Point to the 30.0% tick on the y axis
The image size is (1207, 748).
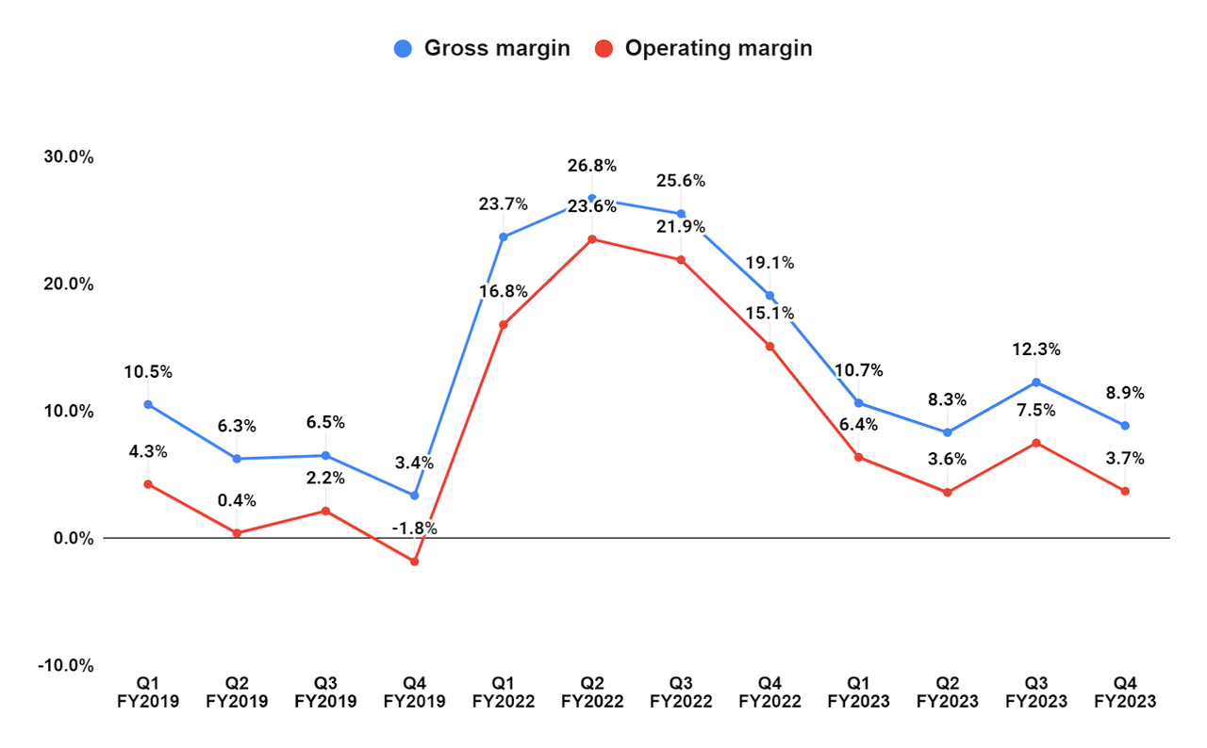(68, 157)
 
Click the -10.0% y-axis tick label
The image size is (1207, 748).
(65, 666)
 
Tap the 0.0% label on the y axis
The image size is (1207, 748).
(72, 539)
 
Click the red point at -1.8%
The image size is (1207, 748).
(414, 561)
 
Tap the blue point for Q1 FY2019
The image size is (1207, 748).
(148, 405)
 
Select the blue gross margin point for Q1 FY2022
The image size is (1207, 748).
(503, 237)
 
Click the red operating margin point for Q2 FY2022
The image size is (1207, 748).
(592, 239)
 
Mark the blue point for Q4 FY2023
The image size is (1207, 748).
(1125, 426)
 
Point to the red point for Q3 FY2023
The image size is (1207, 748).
(1036, 443)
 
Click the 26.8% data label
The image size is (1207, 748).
(592, 166)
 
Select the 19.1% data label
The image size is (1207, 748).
(769, 263)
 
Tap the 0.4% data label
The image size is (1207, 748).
(237, 500)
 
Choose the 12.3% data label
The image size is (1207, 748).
(1036, 350)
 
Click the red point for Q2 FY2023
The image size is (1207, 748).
(948, 493)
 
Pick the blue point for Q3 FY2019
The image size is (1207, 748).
(325, 456)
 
